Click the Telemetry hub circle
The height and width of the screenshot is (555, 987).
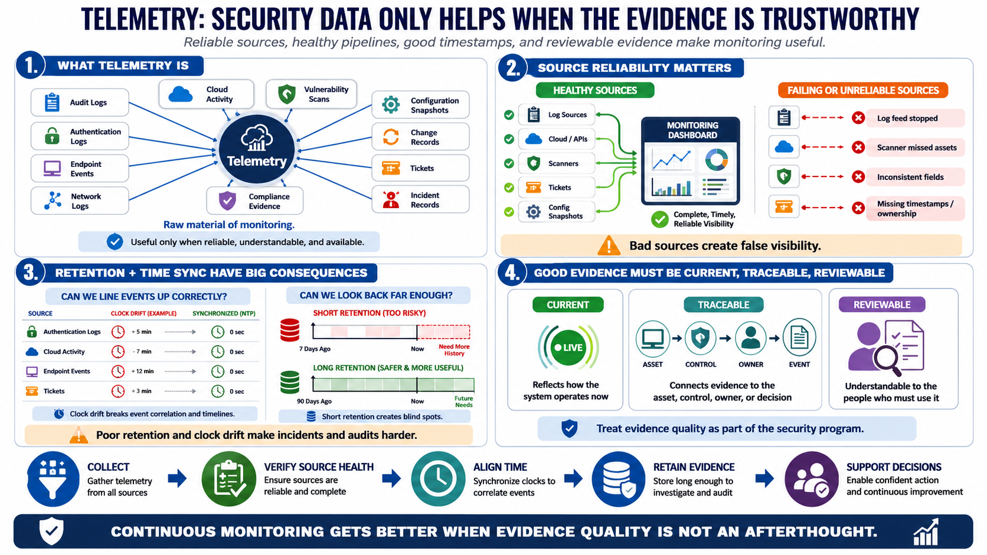(257, 149)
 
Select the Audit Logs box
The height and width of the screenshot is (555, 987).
(80, 103)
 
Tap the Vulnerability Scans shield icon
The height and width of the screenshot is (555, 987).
(286, 94)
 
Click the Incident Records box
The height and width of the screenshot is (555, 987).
(420, 200)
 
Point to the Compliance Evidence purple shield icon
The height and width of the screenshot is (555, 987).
(227, 201)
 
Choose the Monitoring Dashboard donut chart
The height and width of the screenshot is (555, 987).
(716, 159)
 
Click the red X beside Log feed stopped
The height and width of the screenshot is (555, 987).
(858, 118)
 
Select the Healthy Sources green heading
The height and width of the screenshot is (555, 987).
(595, 90)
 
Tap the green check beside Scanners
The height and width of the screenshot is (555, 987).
(509, 164)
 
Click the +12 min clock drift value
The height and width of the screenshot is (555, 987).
(142, 371)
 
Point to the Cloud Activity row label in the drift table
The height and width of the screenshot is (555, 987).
(64, 352)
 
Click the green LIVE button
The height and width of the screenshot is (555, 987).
(568, 348)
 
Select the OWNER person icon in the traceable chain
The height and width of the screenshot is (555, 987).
(750, 338)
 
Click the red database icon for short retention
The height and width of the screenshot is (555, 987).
(289, 330)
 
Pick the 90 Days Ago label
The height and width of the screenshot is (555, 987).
(314, 402)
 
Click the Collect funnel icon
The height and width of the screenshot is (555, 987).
(53, 479)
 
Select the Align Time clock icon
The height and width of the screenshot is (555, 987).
(438, 479)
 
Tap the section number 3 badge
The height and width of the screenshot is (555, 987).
(31, 273)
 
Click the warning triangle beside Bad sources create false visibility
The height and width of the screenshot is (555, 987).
(609, 245)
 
